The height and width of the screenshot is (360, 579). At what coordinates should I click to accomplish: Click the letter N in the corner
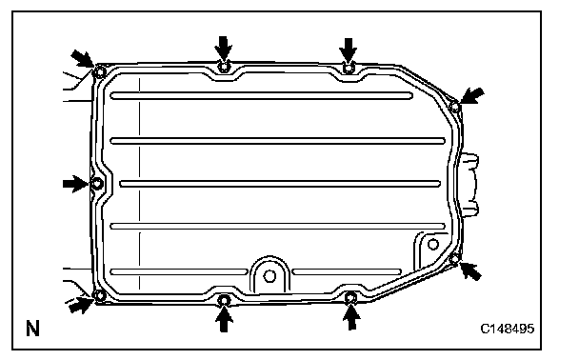[x=32, y=328]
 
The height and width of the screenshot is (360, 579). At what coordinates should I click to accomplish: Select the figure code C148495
[x=507, y=329]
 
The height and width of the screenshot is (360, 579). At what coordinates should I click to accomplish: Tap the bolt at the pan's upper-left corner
[x=100, y=71]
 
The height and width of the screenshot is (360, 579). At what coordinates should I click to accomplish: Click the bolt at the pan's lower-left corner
[x=99, y=295]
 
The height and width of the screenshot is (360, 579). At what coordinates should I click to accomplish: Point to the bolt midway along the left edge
[x=97, y=183]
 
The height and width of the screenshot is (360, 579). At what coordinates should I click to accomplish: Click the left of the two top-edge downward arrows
[x=224, y=50]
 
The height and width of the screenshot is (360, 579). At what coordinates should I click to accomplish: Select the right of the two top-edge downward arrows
[x=349, y=51]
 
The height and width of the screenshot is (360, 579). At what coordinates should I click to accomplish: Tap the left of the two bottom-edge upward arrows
[x=224, y=319]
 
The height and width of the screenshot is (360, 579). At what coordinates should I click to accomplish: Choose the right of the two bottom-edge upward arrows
[x=351, y=317]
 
